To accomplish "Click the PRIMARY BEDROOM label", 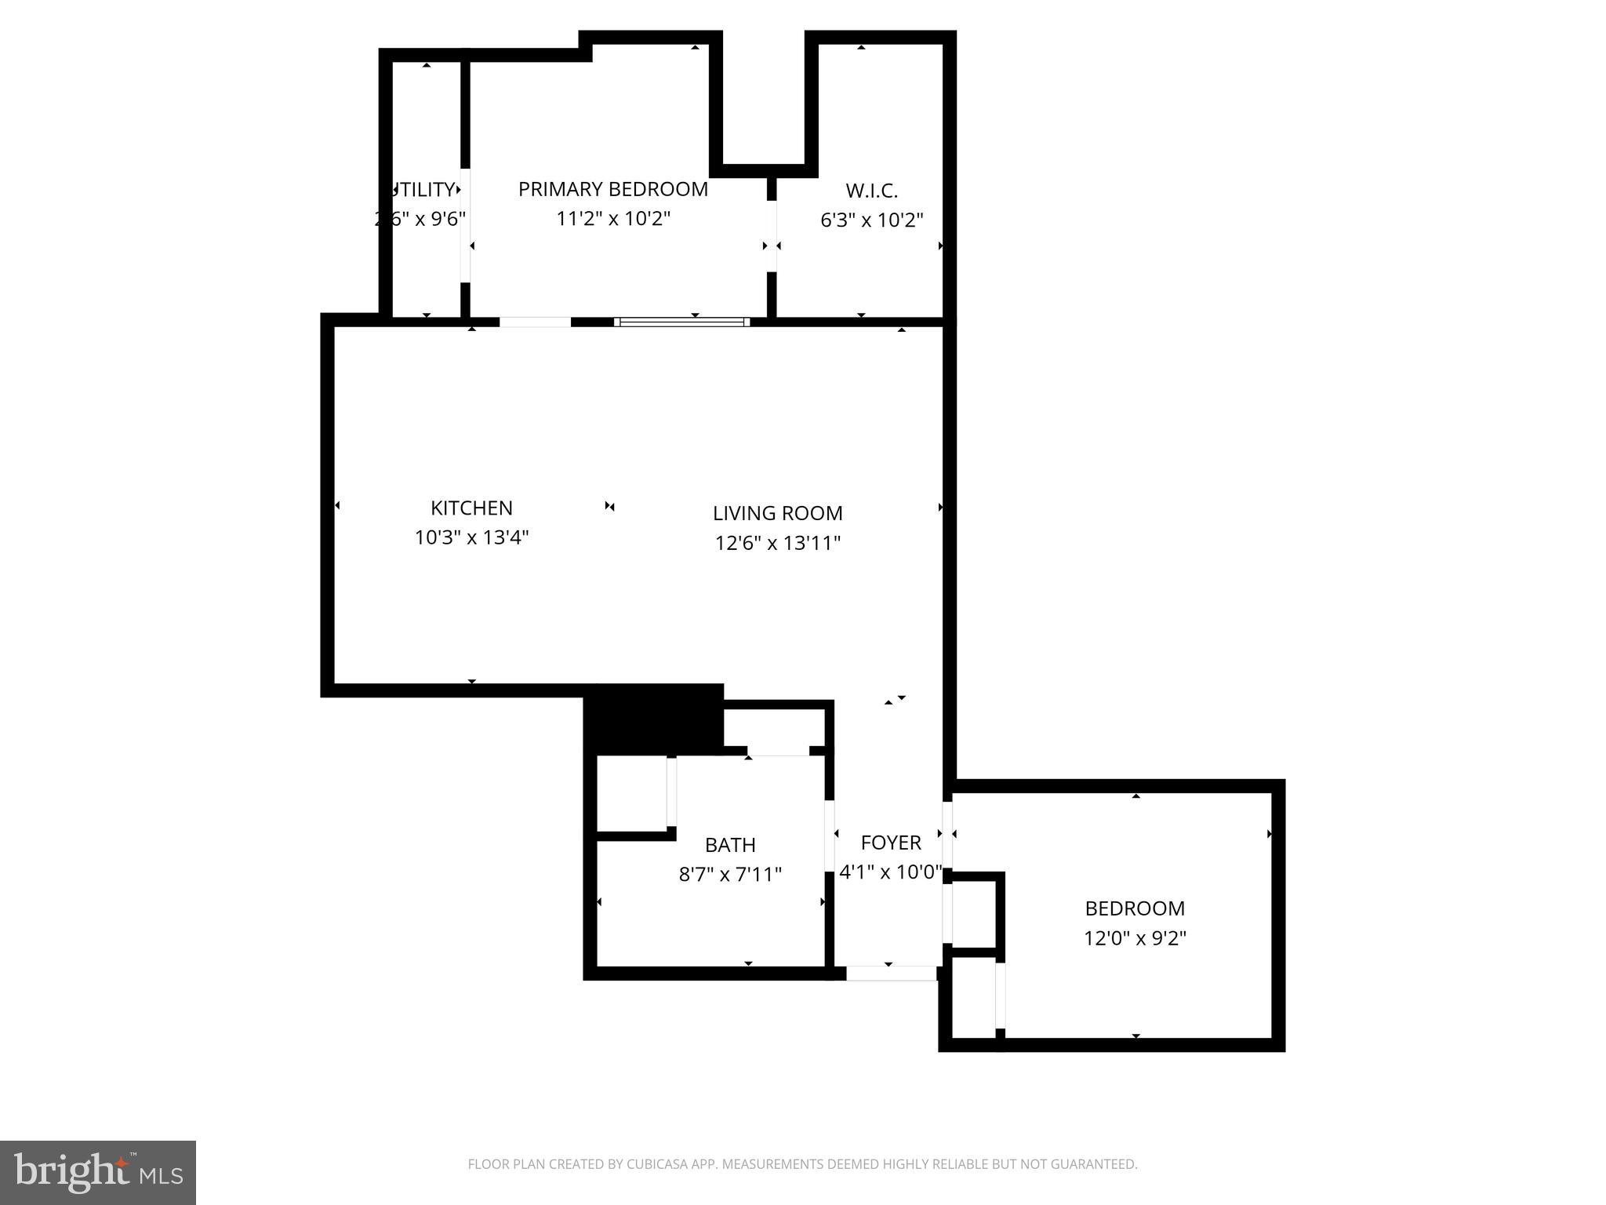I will pyautogui.click(x=612, y=189).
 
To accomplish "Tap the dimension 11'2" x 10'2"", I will pyautogui.click(x=612, y=219).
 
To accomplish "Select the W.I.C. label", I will pyautogui.click(x=871, y=191).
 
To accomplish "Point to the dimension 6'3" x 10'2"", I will pyautogui.click(x=871, y=220).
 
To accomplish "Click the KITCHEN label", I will pyautogui.click(x=471, y=508).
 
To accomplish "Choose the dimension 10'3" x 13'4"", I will pyautogui.click(x=471, y=538).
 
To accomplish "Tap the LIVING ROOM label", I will pyautogui.click(x=777, y=513).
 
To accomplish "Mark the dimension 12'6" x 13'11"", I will pyautogui.click(x=777, y=543).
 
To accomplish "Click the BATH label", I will pyautogui.click(x=730, y=845).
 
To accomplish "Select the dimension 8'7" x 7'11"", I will pyautogui.click(x=730, y=875).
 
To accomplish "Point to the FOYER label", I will pyautogui.click(x=890, y=843).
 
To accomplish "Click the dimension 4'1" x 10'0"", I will pyautogui.click(x=890, y=872).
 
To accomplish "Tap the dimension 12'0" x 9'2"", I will pyautogui.click(x=1135, y=938).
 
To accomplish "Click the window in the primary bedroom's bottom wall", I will pyautogui.click(x=681, y=322).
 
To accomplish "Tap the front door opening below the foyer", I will pyautogui.click(x=892, y=974).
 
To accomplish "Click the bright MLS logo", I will pyautogui.click(x=98, y=1172).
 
